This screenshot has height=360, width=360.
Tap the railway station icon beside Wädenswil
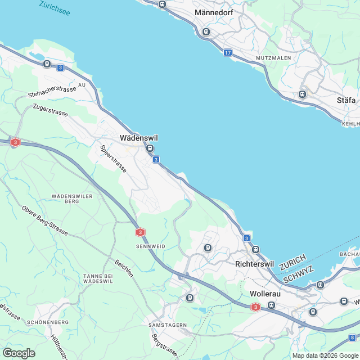point(149,148)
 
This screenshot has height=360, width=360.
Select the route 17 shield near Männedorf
point(227,52)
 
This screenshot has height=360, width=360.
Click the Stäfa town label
point(346,100)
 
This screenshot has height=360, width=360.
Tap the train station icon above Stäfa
point(303,94)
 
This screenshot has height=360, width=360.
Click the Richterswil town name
point(253,263)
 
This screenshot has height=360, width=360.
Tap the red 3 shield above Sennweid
point(139,232)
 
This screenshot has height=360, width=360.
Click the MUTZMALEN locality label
point(273,58)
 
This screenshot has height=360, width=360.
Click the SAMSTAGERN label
point(167,325)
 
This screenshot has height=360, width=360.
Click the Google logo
point(19,353)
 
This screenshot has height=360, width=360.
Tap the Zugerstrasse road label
point(51,110)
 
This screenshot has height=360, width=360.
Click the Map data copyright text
point(325,355)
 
